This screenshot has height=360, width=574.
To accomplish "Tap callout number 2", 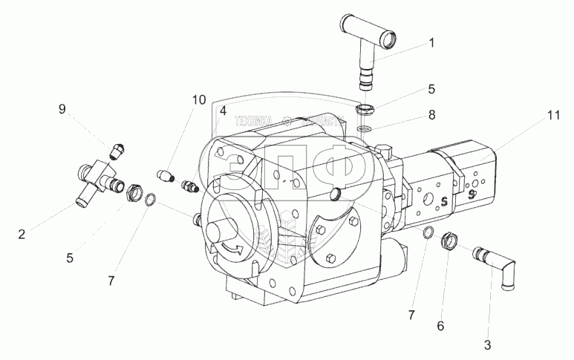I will pos(22,235).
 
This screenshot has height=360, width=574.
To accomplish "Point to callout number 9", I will pos(62,109).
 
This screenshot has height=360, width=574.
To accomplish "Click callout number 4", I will pos(222,111).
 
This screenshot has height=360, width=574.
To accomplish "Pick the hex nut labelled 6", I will pos(449,241).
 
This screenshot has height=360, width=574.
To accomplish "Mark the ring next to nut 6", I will pos(428,235).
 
